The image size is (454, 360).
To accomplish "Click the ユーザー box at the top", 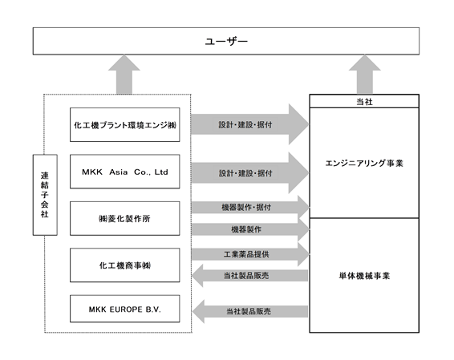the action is [226, 41].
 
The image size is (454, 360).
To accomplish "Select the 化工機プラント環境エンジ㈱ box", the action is [125, 125].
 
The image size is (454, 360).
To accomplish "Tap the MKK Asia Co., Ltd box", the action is [125, 172].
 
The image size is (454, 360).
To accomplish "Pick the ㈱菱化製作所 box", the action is [125, 219].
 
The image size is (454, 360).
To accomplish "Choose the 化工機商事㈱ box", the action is [125, 265].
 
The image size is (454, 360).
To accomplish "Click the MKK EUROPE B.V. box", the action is [125, 309].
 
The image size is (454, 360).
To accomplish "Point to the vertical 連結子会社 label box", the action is [45, 195].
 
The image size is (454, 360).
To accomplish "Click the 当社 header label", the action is [364, 102].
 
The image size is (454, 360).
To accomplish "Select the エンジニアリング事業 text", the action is [364, 164].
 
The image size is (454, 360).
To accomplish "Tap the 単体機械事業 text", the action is [364, 276].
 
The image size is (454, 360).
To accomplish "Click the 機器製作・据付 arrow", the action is [250, 207].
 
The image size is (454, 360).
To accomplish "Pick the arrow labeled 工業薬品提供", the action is [250, 254].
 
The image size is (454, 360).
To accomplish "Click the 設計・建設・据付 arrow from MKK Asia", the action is [250, 173].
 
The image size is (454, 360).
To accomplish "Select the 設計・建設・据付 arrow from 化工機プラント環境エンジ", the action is [250, 124].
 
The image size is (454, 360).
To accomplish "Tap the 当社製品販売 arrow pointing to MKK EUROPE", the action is [250, 311].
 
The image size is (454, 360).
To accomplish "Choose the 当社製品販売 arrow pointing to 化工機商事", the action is [250, 276].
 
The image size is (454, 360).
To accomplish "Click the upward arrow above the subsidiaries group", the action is [124, 75].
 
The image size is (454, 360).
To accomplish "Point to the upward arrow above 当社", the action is [364, 75].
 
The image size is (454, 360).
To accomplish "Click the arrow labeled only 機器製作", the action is [250, 229].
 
